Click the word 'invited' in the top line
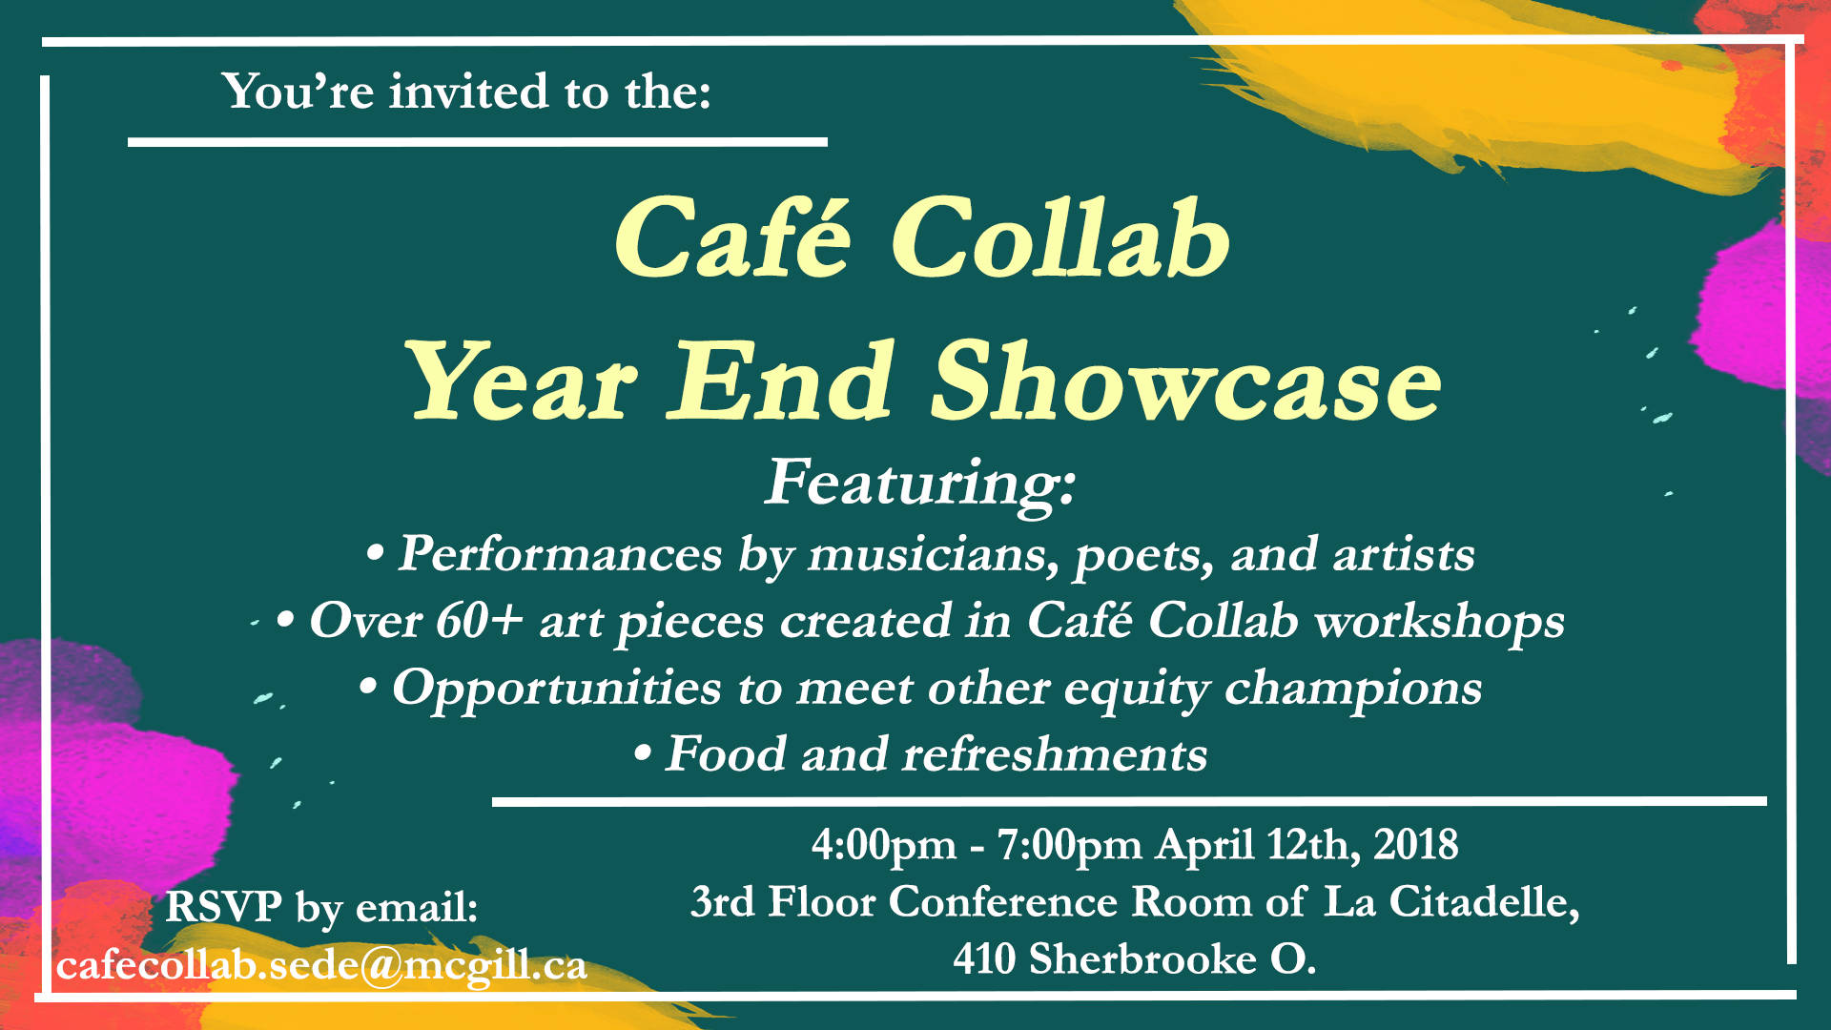[x=468, y=92]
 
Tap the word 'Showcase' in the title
[x=1185, y=383]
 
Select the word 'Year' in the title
[x=523, y=383]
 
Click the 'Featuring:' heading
[x=921, y=484]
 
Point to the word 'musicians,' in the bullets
[x=934, y=555]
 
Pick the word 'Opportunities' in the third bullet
[x=557, y=689]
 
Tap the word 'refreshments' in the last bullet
[x=1055, y=753]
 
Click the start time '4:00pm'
[x=884, y=845]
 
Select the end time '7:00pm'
[x=1069, y=845]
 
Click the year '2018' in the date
[x=1416, y=844]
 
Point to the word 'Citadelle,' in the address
[x=1484, y=901]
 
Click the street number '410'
[x=983, y=958]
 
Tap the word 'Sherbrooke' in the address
[x=1142, y=958]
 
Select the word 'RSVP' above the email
[x=223, y=907]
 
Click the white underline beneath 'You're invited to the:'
[x=478, y=142]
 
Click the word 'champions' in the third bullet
[x=1353, y=689]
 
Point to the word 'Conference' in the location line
[x=1002, y=902]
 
